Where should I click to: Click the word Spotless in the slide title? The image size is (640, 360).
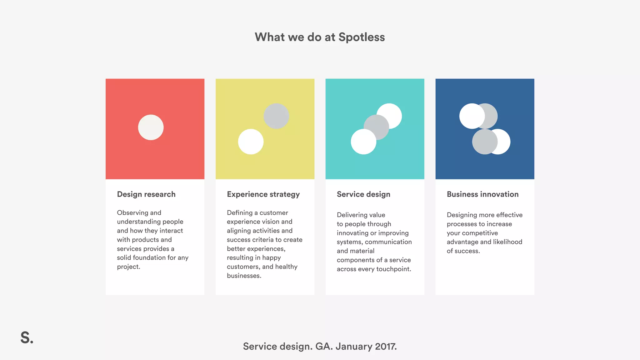[362, 37]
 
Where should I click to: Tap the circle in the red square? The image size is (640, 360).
[151, 127]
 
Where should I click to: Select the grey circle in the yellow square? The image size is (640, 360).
[276, 116]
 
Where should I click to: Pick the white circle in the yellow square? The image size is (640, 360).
[251, 142]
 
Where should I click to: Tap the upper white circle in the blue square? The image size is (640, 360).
[470, 116]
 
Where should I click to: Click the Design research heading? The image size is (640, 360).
[146, 194]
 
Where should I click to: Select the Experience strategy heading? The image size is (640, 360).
[263, 194]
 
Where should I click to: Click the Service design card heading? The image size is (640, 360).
[363, 194]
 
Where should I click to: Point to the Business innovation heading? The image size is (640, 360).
[482, 194]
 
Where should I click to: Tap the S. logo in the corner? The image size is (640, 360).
[27, 338]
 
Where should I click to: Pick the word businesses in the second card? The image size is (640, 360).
[243, 276]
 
